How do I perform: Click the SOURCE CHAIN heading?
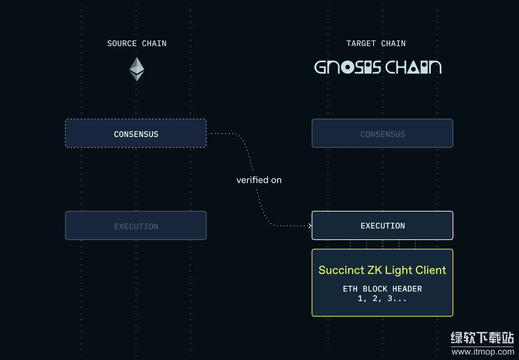[x=137, y=43]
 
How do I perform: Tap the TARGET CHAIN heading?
[x=376, y=43]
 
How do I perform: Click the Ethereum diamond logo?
[x=137, y=69]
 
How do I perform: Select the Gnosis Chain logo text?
[x=378, y=67]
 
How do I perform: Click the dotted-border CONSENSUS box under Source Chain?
[x=136, y=134]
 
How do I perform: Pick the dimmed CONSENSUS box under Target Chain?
[x=382, y=134]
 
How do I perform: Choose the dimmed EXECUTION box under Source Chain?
[x=136, y=226]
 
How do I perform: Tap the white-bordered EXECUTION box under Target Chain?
[x=382, y=225]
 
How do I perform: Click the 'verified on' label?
[x=259, y=180]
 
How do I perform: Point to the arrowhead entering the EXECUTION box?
[x=310, y=225]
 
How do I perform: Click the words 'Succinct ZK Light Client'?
[x=382, y=270]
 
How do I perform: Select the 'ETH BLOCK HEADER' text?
[x=382, y=289]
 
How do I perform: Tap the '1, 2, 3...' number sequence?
[x=382, y=298]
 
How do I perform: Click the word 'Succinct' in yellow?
[x=341, y=270]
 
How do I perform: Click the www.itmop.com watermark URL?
[x=483, y=352]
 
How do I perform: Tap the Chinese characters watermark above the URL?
[x=482, y=338]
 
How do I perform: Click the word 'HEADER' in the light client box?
[x=407, y=289]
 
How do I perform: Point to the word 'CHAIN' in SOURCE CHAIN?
[x=154, y=43]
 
